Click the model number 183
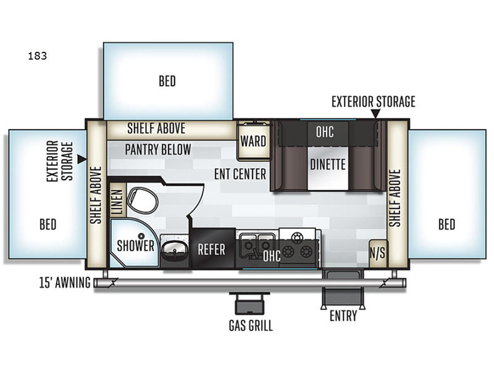[37, 56]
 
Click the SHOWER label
[135, 245]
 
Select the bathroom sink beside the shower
[174, 250]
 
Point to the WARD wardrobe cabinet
[253, 141]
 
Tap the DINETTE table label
[328, 164]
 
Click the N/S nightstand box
[377, 253]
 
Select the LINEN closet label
[117, 201]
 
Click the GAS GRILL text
[251, 326]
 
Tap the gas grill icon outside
[249, 303]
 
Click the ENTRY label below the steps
[343, 316]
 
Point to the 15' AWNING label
[65, 282]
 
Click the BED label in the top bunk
[167, 81]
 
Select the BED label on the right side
[446, 224]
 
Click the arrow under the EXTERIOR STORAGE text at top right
[375, 113]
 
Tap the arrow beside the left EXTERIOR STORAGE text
[82, 159]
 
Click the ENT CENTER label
[240, 174]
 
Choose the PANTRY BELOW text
[158, 149]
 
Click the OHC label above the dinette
[325, 132]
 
